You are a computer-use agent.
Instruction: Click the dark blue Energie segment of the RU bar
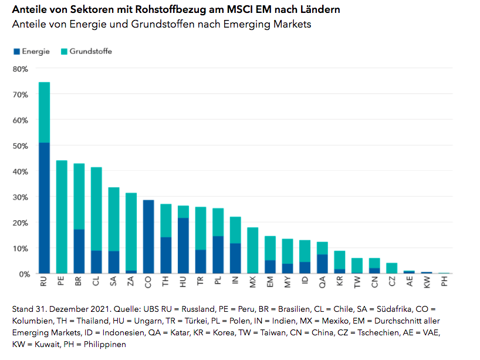point(44,208)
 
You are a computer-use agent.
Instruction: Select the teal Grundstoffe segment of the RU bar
point(44,112)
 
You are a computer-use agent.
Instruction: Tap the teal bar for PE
point(62,217)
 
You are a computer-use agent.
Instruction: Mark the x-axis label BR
point(79,282)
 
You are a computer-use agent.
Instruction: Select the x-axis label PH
point(445,282)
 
